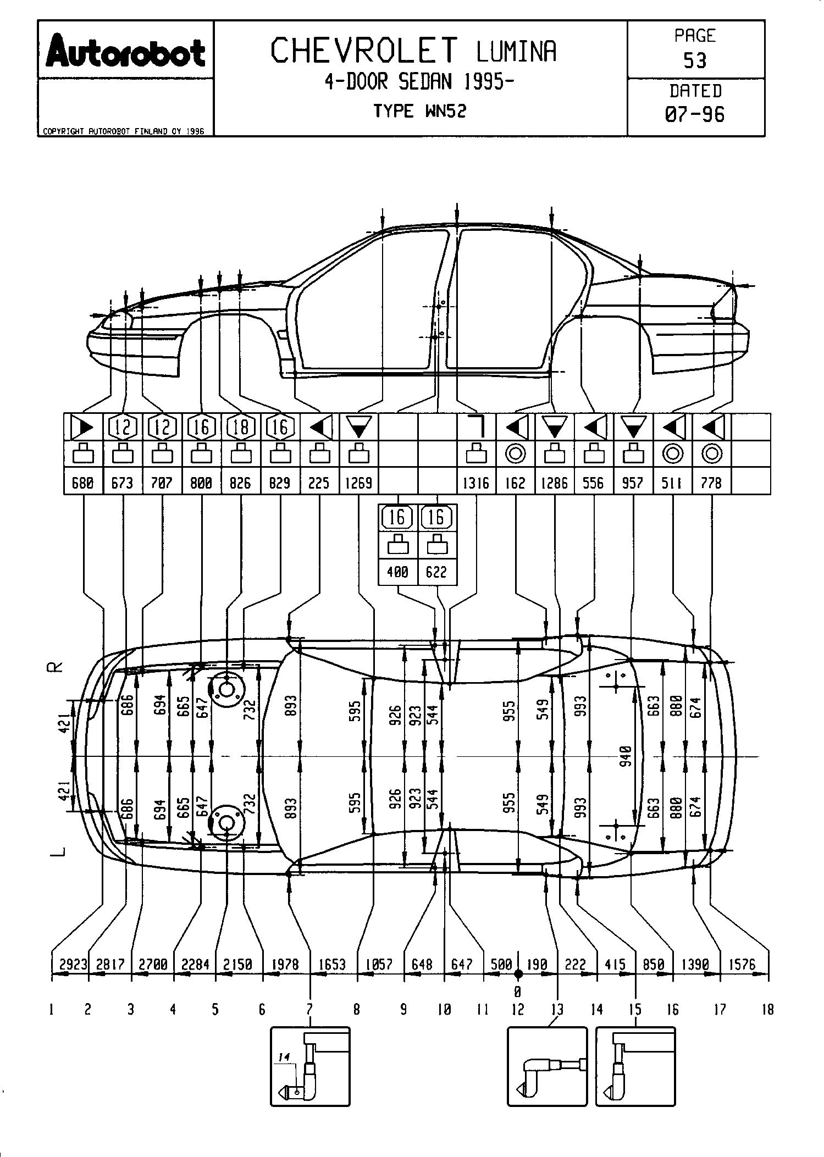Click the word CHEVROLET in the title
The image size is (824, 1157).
pos(364,51)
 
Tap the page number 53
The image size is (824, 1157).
pos(695,60)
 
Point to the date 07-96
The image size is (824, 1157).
pos(695,114)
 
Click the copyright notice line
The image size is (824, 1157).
pos(124,132)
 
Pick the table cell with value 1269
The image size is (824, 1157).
pos(358,483)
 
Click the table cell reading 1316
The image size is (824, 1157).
pos(476,483)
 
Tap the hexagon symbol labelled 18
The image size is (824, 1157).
pos(240,427)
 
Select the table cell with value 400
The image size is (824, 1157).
pos(397,572)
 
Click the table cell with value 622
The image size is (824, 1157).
pos(436,572)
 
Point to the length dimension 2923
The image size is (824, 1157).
pos(73,965)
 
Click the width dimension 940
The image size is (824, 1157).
pos(626,756)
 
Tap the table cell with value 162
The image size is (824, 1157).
pos(515,483)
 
